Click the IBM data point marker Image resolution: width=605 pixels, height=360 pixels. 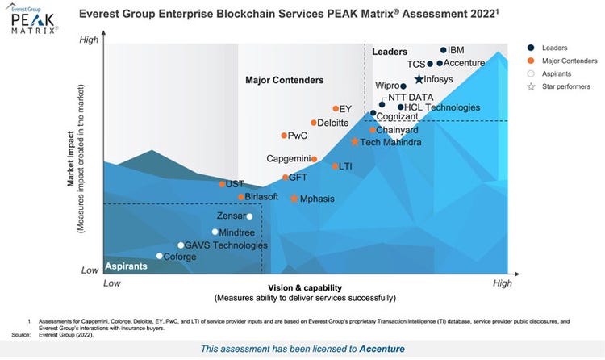(443, 50)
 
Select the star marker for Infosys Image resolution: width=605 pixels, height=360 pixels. (419, 79)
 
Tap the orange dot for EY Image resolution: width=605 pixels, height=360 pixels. (336, 109)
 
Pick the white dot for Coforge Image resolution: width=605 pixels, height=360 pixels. (159, 257)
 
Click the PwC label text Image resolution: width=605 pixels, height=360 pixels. (298, 136)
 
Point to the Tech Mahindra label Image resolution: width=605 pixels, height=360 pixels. (390, 143)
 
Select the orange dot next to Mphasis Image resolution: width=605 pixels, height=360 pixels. (294, 199)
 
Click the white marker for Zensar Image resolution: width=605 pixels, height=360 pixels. (249, 216)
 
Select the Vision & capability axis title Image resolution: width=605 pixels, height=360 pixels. (306, 288)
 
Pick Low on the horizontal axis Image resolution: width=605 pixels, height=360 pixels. (112, 283)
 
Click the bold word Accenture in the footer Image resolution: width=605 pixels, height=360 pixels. (383, 349)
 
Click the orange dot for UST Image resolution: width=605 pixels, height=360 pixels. (222, 184)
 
